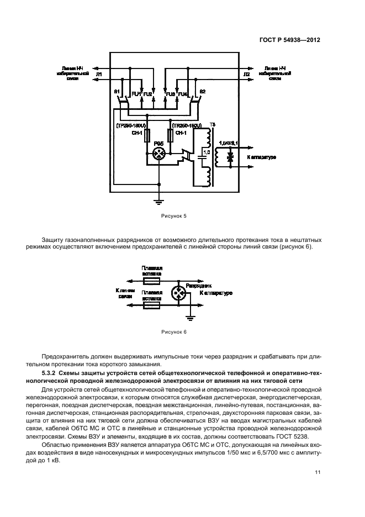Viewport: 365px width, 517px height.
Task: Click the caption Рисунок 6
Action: tap(174, 332)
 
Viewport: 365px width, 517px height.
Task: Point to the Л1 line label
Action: tap(99, 73)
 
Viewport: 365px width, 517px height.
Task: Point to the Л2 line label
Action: tap(246, 73)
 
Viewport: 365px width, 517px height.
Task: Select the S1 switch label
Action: tap(117, 91)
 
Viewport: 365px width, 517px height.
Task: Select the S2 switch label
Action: tap(203, 91)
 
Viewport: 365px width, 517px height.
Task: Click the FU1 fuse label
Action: tap(135, 94)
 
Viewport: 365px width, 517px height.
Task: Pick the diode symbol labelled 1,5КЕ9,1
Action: tap(230, 157)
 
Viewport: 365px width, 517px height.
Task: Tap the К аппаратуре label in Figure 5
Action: tap(262, 157)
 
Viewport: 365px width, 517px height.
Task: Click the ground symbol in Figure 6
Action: tap(191, 318)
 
